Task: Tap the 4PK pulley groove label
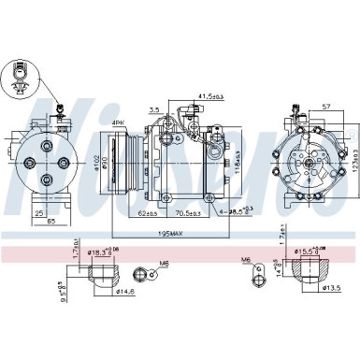(118, 122)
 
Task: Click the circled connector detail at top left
(20, 75)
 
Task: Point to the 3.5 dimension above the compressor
(155, 108)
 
